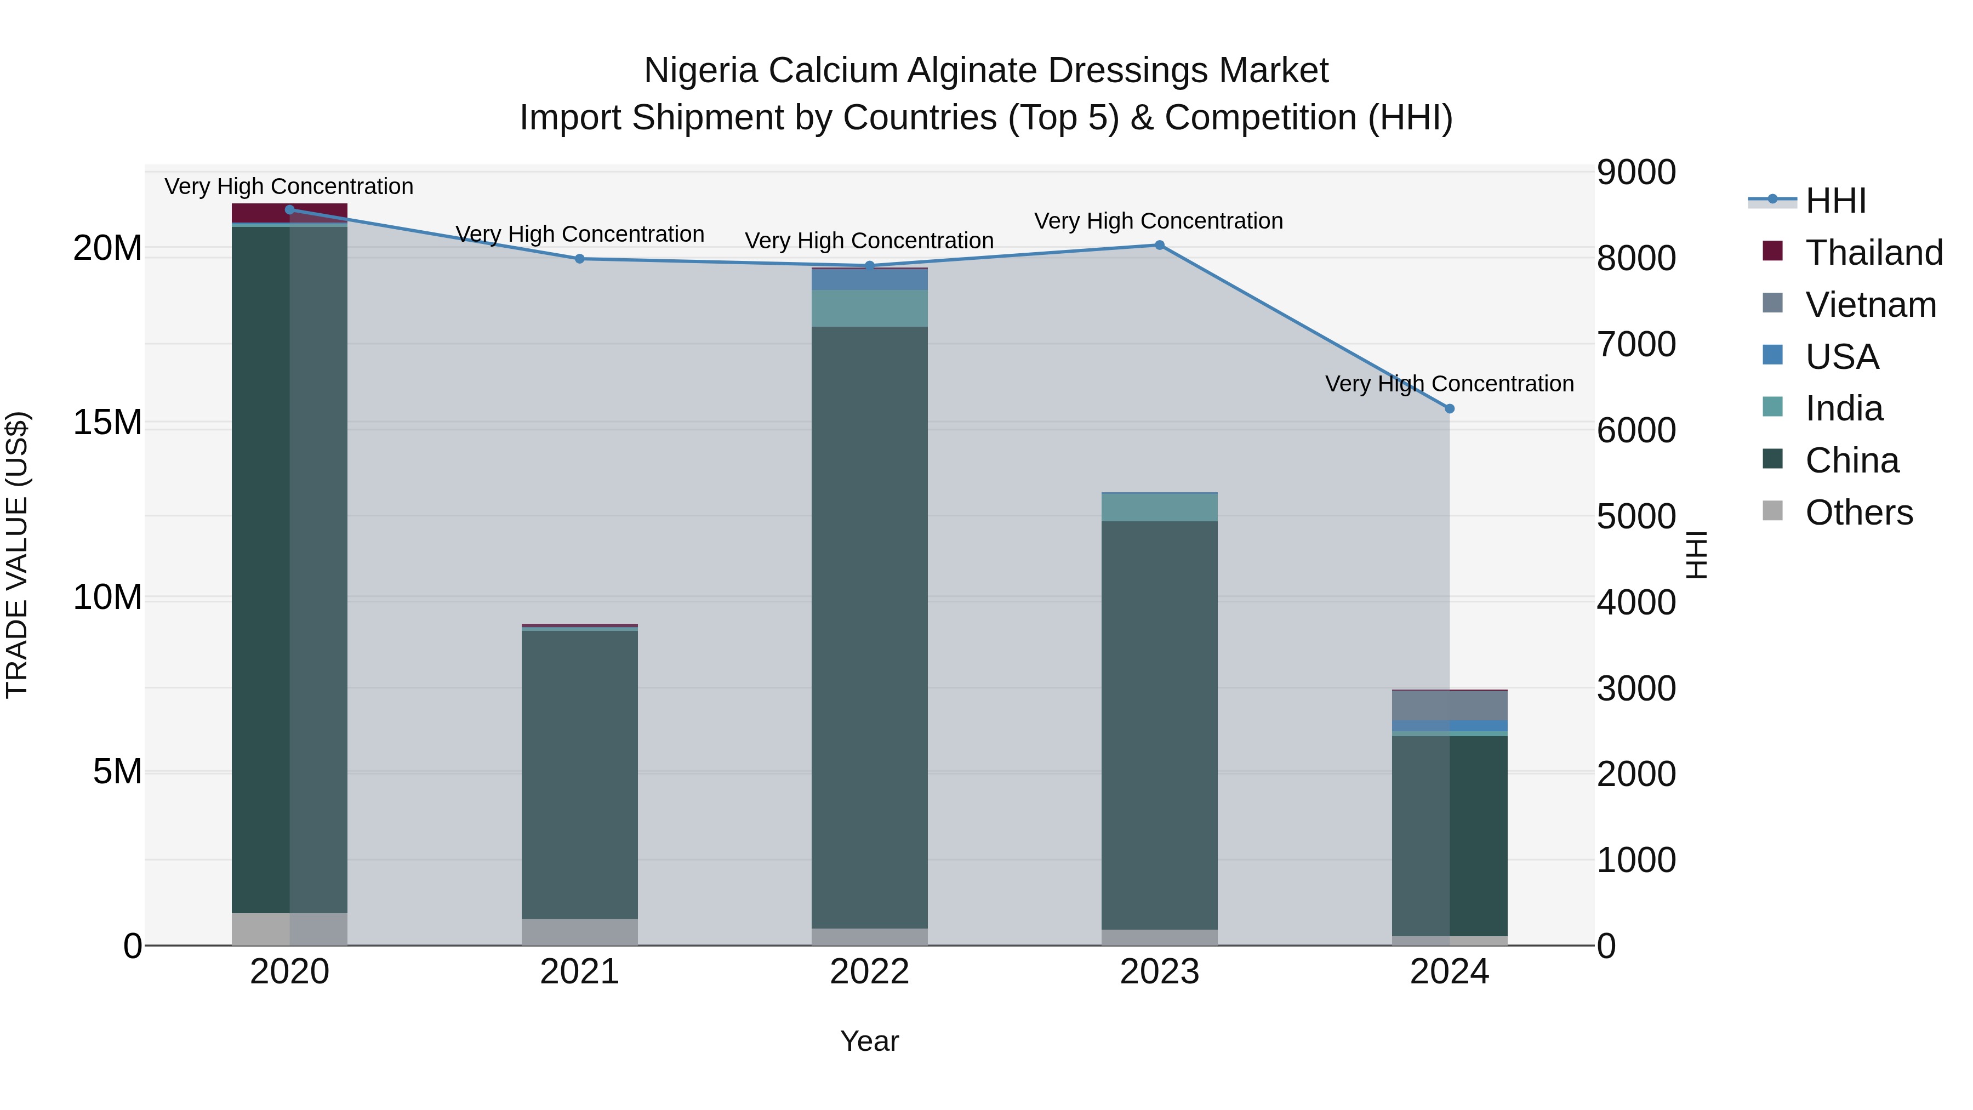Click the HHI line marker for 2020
point(289,210)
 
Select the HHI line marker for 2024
point(1449,409)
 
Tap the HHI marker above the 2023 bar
point(1160,245)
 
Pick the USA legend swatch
point(1772,355)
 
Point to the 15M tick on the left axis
point(107,423)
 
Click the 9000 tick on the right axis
point(1636,172)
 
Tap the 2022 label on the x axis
point(869,972)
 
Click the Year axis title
point(869,1041)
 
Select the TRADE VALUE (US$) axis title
point(17,555)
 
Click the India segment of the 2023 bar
point(1160,507)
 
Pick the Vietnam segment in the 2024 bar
point(1449,705)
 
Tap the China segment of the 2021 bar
point(580,773)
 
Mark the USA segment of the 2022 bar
point(869,280)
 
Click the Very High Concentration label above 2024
point(1449,384)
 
